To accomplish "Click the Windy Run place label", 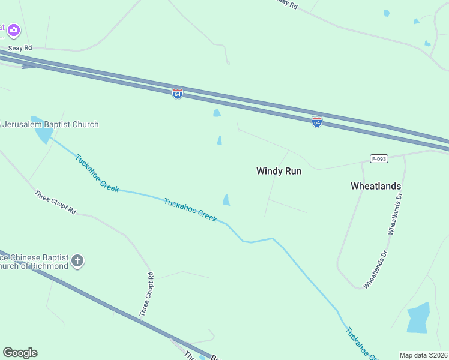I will click(279, 171).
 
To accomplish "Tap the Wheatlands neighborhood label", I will click(376, 186).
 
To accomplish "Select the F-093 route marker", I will click(379, 159).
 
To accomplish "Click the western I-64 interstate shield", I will click(177, 94).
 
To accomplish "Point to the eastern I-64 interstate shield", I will click(317, 121).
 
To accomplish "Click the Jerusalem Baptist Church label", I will click(50, 124).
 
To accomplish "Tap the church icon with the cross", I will click(77, 261).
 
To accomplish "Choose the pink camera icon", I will click(13, 29).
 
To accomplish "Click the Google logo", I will click(20, 353).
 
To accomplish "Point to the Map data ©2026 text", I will click(423, 355).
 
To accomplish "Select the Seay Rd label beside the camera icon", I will click(20, 47).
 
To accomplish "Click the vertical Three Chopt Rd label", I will click(146, 294).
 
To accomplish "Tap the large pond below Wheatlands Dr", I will click(418, 317).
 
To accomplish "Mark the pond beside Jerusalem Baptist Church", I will click(43, 131).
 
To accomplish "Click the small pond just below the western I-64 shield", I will click(217, 113).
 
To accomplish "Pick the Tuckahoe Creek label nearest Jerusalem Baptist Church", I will click(97, 174).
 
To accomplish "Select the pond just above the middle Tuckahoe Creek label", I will click(226, 200).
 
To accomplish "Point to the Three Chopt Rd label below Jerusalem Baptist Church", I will click(55, 203).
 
